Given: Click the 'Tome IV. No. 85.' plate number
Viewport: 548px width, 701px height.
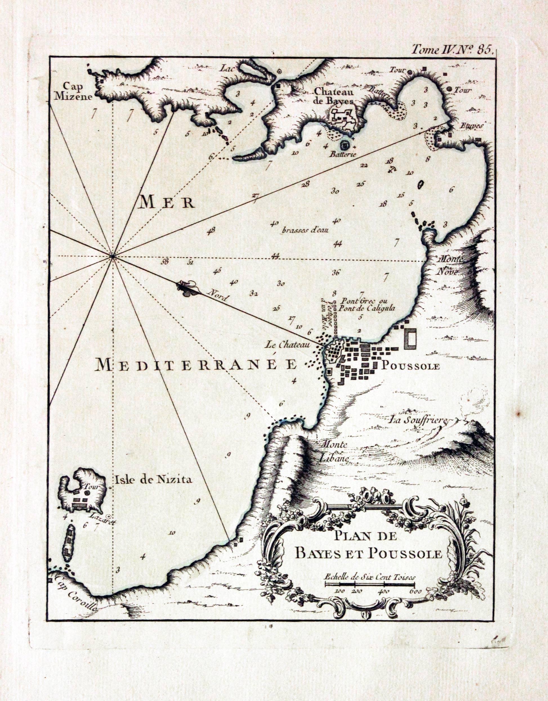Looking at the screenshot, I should [x=452, y=50].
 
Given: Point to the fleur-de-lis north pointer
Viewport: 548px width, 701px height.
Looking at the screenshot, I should [x=187, y=288].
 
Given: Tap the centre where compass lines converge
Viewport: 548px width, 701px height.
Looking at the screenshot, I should [x=113, y=256].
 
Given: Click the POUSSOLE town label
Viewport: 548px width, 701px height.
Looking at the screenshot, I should [x=410, y=366].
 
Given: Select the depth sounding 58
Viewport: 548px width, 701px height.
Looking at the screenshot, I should [x=165, y=261].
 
